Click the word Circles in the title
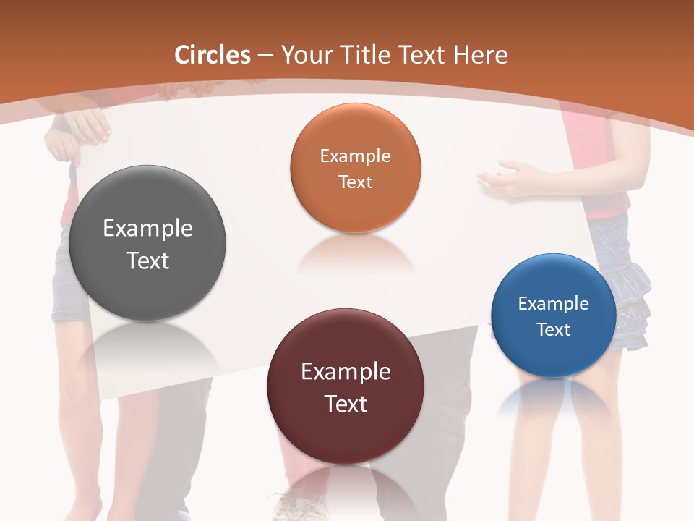click(x=212, y=55)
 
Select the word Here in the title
click(x=481, y=55)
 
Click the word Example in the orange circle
click(x=355, y=156)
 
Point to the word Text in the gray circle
click(x=147, y=260)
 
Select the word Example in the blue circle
click(x=554, y=304)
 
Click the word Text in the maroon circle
click(x=345, y=404)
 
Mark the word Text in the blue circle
click(x=554, y=330)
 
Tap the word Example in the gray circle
click(x=147, y=229)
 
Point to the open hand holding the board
click(x=510, y=177)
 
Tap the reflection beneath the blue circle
click(x=554, y=398)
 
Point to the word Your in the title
click(x=302, y=55)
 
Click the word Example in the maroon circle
click(x=345, y=372)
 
